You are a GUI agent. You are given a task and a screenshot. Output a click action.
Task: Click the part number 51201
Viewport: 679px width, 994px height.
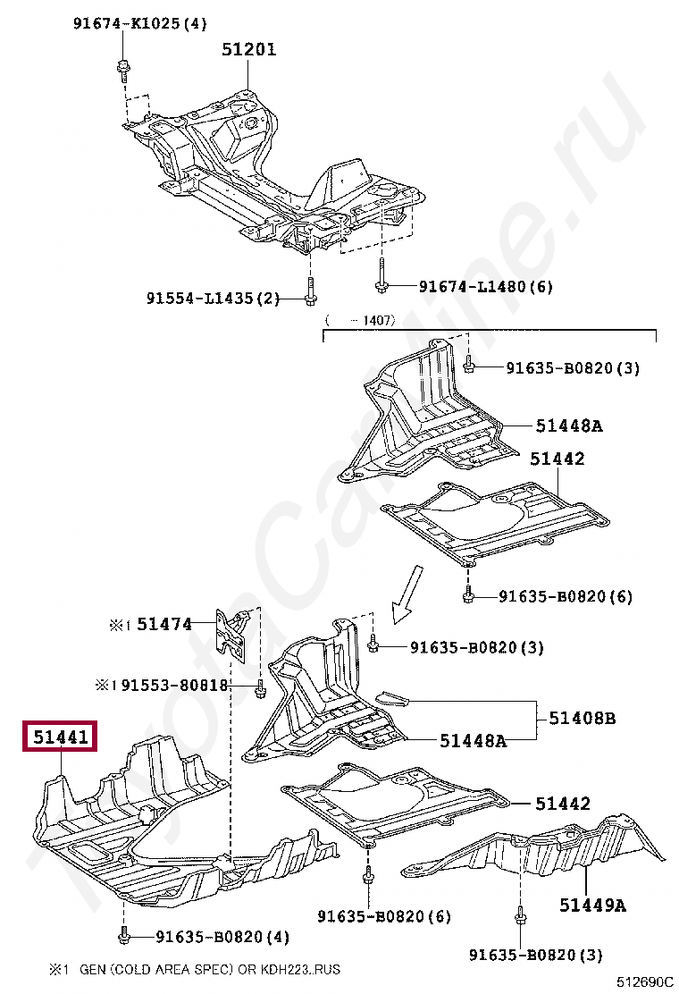249,50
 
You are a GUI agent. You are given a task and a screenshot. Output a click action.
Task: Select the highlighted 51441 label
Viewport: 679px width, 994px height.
61,738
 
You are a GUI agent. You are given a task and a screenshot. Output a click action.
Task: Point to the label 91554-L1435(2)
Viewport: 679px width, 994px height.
213,299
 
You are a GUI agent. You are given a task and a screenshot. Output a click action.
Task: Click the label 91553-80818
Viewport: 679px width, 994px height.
175,686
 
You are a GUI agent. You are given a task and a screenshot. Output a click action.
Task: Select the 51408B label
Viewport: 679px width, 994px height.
582,718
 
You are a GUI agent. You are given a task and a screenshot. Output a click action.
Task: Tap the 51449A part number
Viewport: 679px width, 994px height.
592,906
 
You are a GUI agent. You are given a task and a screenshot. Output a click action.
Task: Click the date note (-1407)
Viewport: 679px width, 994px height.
360,319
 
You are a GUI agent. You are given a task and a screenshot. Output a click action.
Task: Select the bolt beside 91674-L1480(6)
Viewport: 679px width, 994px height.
381,284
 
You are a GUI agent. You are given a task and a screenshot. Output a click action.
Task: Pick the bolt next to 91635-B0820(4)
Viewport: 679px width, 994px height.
123,937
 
